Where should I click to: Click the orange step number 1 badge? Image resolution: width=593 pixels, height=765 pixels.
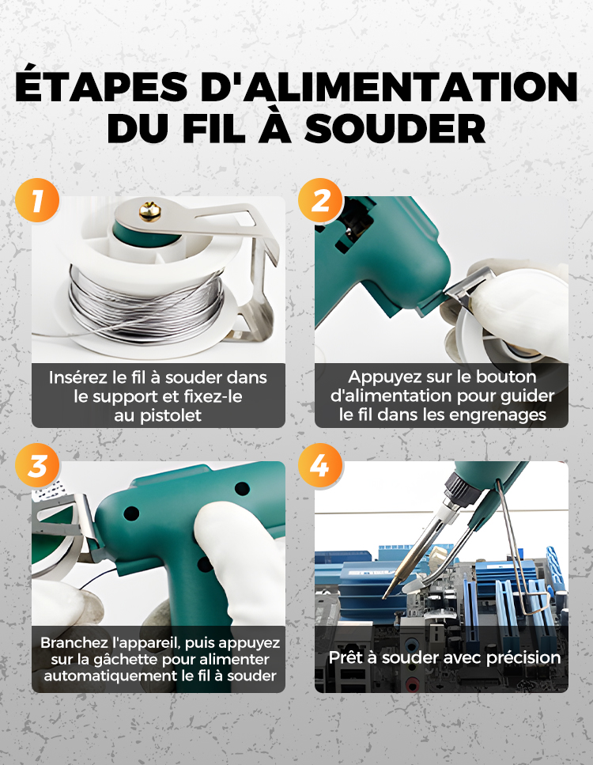tap(37, 200)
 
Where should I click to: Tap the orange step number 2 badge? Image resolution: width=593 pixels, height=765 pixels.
tap(320, 200)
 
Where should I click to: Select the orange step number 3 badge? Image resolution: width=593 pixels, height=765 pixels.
tap(37, 465)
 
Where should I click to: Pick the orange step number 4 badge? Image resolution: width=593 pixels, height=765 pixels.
tap(320, 465)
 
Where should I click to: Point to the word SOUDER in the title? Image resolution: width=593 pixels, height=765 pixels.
tap(395, 128)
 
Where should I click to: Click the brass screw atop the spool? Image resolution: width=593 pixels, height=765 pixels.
tap(149, 212)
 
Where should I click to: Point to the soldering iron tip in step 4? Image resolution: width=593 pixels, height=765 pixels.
tap(384, 596)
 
